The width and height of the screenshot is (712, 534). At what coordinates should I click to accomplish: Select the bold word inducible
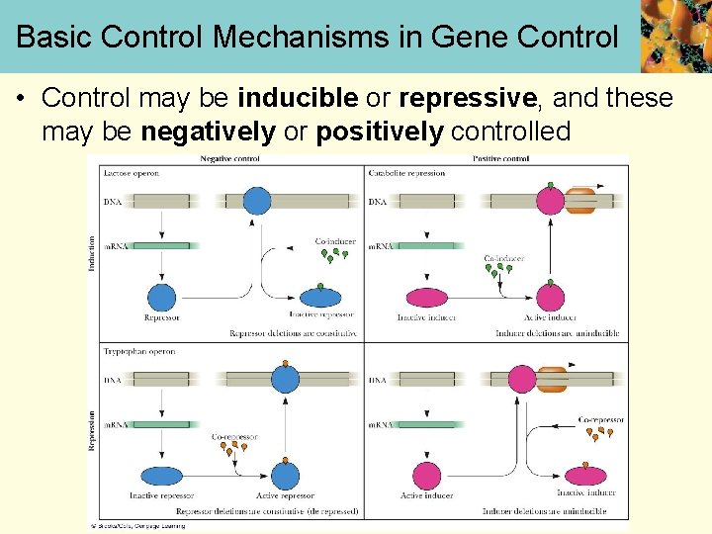[x=298, y=99]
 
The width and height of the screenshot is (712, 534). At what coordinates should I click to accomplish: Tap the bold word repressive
[x=467, y=99]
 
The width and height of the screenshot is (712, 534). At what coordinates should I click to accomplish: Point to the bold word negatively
[x=208, y=132]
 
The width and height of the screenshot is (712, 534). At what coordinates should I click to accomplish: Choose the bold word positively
[x=380, y=132]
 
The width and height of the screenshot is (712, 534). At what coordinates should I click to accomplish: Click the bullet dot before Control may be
[x=21, y=99]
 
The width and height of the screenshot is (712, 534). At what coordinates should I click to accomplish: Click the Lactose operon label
[x=132, y=173]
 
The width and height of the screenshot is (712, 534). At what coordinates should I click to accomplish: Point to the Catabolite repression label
[x=406, y=173]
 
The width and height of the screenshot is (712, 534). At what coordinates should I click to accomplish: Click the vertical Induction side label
[x=93, y=252]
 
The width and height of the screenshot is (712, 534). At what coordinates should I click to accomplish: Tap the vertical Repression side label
[x=93, y=430]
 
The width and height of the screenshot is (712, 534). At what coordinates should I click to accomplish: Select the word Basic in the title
[x=53, y=38]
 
